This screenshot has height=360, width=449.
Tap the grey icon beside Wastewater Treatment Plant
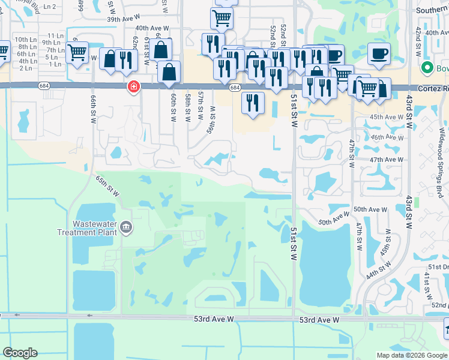click(127, 227)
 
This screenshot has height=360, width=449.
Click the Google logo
click(20, 353)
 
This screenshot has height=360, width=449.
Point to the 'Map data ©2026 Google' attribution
click(412, 355)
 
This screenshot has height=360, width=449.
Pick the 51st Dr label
click(438, 266)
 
